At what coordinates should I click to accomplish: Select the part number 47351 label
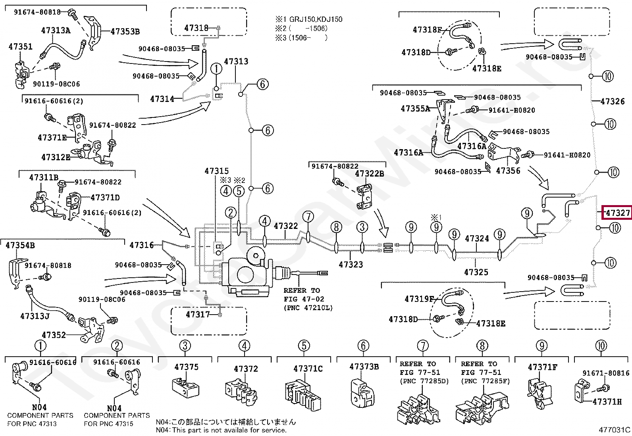(20, 46)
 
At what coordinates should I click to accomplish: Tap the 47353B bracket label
(125, 31)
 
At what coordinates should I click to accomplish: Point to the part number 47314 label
(162, 99)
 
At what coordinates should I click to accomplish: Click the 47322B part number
(369, 173)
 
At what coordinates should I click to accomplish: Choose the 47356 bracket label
(508, 171)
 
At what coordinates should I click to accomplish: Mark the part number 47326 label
(613, 101)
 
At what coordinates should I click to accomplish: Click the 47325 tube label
(476, 272)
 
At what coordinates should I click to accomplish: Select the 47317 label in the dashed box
(198, 314)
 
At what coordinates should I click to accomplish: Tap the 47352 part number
(54, 335)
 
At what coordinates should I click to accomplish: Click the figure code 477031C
(614, 430)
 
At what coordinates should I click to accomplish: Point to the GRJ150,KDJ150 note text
(316, 19)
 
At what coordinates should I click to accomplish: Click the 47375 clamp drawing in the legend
(185, 388)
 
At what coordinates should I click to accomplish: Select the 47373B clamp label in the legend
(364, 366)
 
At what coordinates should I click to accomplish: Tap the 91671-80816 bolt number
(606, 373)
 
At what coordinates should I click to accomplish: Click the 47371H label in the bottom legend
(607, 401)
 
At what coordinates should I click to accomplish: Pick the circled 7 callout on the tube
(308, 217)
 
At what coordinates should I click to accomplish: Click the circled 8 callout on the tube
(336, 227)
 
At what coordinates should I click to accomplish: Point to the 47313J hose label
(35, 316)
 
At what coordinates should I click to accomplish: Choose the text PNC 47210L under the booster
(308, 307)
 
